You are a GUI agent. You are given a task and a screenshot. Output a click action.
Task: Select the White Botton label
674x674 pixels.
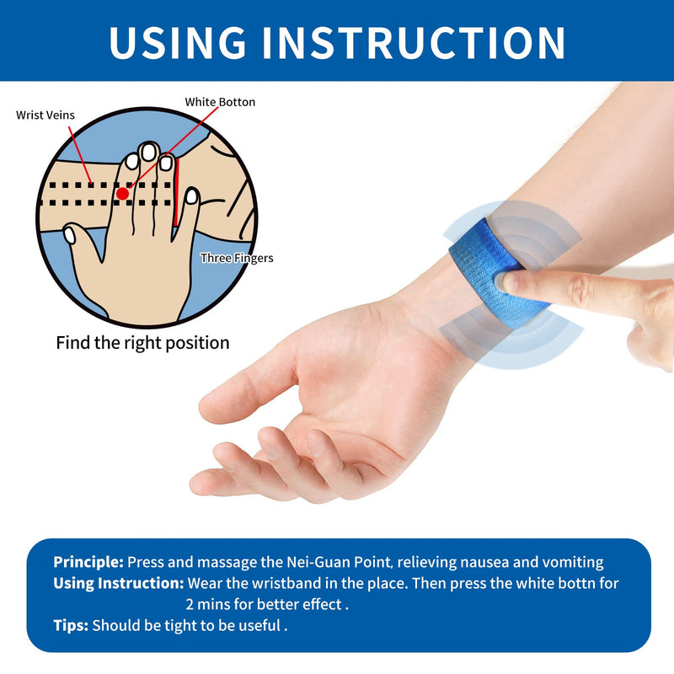pos(220,102)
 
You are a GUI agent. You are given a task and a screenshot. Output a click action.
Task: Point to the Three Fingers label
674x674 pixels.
pos(237,258)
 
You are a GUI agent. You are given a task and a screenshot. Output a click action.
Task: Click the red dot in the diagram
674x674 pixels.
pos(123,193)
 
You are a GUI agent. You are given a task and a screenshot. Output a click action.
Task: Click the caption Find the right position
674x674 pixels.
pos(142,343)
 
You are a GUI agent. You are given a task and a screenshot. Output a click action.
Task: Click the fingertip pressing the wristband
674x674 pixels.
pos(511,282)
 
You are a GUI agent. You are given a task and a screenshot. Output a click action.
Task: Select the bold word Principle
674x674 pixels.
pos(88,562)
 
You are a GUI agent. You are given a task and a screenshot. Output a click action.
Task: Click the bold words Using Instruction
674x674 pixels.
pos(119,583)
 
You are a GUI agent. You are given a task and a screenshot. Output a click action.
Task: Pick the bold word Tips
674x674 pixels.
pos(71,625)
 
